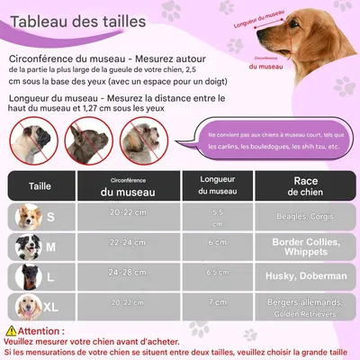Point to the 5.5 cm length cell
tap(217, 217)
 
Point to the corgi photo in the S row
tap(29, 216)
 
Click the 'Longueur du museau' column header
tap(217, 186)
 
